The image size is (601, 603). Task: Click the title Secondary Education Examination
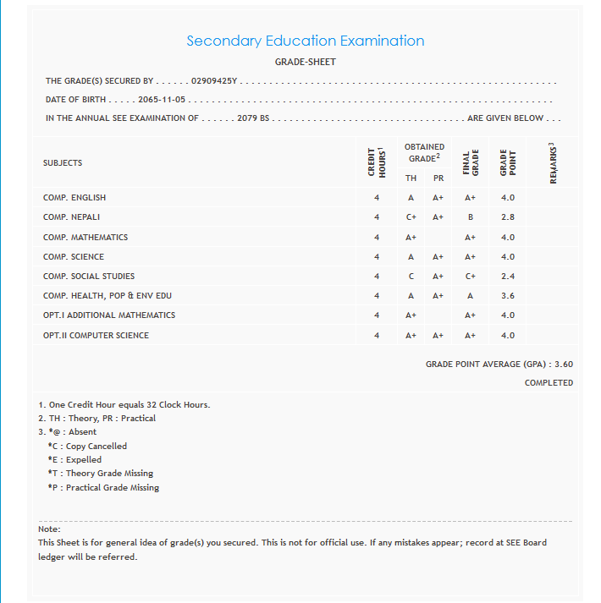pos(305,41)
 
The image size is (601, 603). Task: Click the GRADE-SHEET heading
pos(305,62)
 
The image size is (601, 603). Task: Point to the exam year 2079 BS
pos(253,118)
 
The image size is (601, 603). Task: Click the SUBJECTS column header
pos(63,163)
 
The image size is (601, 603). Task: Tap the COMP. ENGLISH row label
pos(74,198)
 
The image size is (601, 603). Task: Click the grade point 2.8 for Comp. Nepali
pos(507,217)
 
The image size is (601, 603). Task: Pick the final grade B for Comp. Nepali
pos(470,217)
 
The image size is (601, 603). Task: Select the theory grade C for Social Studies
pos(411,277)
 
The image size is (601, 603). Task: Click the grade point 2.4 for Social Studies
pos(507,277)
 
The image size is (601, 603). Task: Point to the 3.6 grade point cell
pos(507,296)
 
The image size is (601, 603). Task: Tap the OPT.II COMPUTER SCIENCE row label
pos(96,336)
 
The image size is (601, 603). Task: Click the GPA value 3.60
pos(563,364)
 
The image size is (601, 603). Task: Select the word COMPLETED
pos(549,383)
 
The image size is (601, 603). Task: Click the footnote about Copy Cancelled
pos(87,446)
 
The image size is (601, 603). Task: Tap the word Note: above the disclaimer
pos(49,529)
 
